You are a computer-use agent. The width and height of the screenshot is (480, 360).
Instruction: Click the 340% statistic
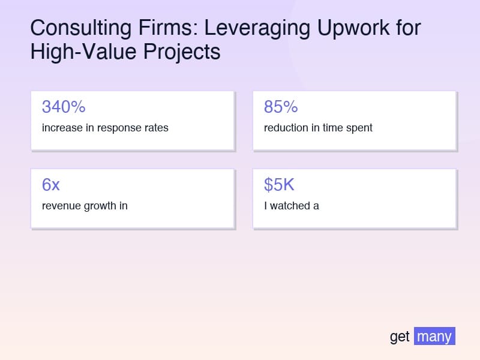pos(64,107)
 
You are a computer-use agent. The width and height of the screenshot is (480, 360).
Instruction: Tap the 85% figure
pos(281,107)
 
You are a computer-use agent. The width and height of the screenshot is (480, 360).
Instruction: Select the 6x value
pos(51,185)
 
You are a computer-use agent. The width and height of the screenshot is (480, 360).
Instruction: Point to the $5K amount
pos(279,185)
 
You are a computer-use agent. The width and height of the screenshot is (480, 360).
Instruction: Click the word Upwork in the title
pos(346,28)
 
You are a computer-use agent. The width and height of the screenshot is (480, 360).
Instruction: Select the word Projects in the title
pos(182,52)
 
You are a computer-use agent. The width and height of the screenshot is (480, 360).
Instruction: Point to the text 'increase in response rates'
pos(105,128)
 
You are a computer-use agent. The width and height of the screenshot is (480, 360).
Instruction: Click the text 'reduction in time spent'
pos(318,128)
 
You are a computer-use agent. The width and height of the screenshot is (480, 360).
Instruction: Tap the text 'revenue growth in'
pos(85,206)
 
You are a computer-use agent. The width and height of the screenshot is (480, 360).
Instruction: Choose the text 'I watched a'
pos(292,206)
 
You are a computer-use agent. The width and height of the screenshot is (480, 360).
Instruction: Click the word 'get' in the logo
pos(400,337)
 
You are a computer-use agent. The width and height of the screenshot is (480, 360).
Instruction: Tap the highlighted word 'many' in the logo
pos(434,336)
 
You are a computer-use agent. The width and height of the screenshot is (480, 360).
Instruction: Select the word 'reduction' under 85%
pos(286,128)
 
